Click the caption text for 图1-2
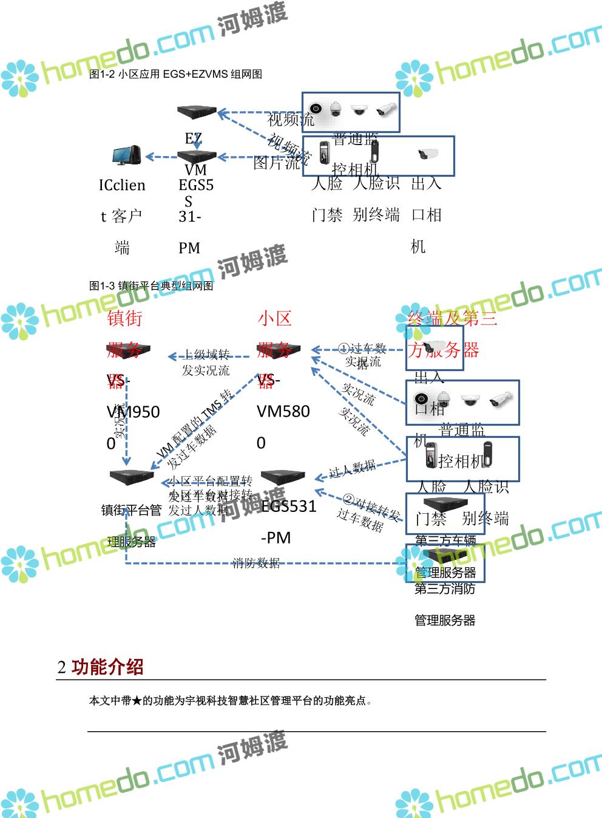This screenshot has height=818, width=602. (x=175, y=74)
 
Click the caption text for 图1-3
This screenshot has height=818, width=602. (x=151, y=285)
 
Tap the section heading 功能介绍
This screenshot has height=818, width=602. (x=107, y=667)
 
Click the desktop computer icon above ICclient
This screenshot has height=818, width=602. (x=127, y=155)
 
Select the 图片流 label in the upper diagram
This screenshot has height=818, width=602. (x=277, y=163)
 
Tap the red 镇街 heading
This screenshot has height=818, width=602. (x=124, y=318)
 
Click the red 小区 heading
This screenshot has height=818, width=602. (x=274, y=318)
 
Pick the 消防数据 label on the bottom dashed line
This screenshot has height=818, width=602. (x=256, y=563)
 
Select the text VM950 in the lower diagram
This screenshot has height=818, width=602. (x=133, y=412)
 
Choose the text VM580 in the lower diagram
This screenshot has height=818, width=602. (x=283, y=411)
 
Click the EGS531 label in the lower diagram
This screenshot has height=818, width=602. (x=289, y=506)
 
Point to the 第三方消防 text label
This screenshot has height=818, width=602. (x=445, y=588)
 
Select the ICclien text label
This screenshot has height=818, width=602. (x=122, y=185)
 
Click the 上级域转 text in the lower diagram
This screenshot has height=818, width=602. (x=206, y=355)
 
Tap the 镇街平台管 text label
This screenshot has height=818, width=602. (x=132, y=510)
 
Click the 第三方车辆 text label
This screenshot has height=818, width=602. (x=445, y=540)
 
